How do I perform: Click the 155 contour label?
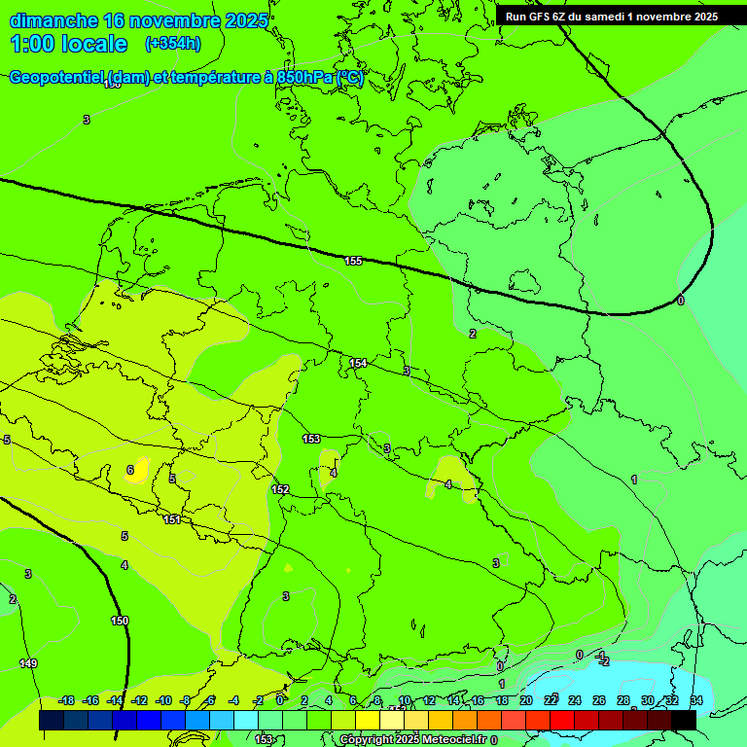[353, 261]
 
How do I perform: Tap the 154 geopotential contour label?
[358, 363]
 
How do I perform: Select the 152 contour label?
[280, 489]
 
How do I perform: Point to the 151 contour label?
[172, 519]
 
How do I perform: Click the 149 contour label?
[28, 663]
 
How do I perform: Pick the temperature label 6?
[129, 470]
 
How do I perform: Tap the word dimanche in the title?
[53, 20]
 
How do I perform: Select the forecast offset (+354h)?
[172, 44]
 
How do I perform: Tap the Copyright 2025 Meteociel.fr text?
[412, 740]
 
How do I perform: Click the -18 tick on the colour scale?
[66, 700]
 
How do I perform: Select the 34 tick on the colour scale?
[696, 700]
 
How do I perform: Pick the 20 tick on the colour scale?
[525, 700]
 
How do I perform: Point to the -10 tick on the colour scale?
[163, 700]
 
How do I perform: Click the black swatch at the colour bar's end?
[684, 720]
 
